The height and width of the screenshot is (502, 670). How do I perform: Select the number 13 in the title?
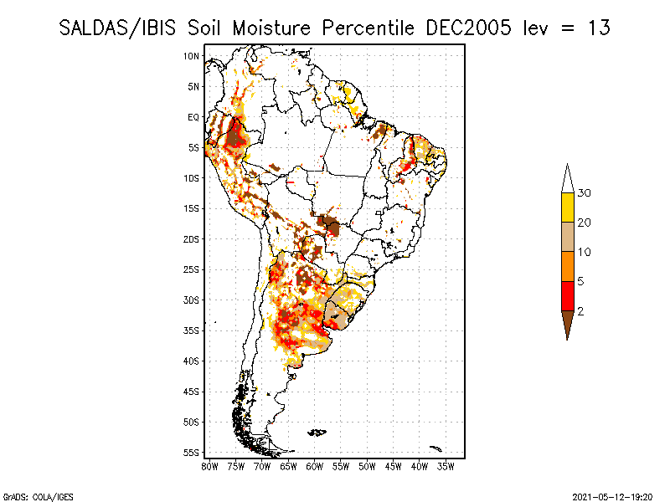pos(598,28)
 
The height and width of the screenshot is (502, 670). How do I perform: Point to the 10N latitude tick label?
pos(191,56)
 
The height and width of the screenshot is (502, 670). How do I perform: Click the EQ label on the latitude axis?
pos(193,117)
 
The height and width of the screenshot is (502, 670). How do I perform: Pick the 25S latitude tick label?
pos(191,269)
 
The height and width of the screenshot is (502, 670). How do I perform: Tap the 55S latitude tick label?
pos(191,453)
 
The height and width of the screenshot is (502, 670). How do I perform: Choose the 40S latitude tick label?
pos(191,361)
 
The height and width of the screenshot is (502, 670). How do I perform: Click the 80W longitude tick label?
pos(209,465)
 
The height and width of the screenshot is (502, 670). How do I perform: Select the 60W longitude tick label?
pos(315,465)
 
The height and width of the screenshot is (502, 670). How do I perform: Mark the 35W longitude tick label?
pos(446,465)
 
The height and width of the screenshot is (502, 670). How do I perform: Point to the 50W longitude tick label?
pos(368,465)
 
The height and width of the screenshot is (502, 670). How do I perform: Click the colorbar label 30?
pos(585,193)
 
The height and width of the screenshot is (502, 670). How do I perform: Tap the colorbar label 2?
pos(580,311)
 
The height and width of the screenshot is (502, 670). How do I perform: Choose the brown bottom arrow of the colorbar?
pos(567,323)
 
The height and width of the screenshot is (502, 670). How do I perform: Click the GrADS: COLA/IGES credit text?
pos(32,494)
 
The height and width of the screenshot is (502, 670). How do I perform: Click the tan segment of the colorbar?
pos(567,237)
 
